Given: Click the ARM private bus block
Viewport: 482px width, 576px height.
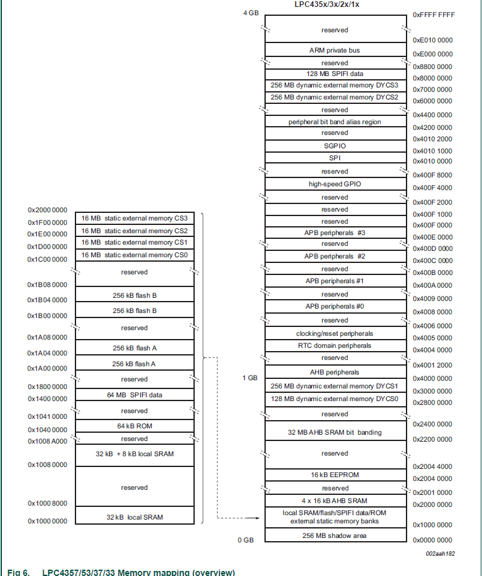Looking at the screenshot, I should (335, 50).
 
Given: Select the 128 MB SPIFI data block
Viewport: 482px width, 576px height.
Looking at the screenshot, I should (335, 74).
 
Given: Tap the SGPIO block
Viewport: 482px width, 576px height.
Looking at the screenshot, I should (335, 146).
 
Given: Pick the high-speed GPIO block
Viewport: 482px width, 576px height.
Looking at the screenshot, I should (335, 184).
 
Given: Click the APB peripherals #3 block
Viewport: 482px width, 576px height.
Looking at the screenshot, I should (335, 233).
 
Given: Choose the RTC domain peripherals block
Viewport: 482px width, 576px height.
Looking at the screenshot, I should (335, 345).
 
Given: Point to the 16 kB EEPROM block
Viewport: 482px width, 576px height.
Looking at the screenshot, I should (335, 475).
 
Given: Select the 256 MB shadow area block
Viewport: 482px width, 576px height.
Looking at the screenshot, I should (335, 535).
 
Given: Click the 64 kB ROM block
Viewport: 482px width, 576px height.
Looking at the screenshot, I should (134, 426).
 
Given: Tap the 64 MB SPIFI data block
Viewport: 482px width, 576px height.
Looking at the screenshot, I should (134, 395).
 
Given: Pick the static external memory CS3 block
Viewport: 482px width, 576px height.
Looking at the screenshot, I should (134, 218).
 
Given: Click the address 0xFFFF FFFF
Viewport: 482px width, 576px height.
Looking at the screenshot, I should (434, 14).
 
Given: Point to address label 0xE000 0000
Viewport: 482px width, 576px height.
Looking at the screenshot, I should (433, 54).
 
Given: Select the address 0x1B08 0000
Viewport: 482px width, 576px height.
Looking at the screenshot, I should (47, 285).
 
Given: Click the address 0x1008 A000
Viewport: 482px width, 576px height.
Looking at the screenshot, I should (47, 438).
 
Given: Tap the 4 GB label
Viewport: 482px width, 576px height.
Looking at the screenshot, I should (251, 13).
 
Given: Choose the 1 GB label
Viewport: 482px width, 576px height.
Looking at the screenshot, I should (250, 378).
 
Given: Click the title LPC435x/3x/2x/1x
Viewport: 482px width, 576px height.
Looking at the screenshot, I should (334, 4).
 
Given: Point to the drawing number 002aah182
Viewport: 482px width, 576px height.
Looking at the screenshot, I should (440, 553).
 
